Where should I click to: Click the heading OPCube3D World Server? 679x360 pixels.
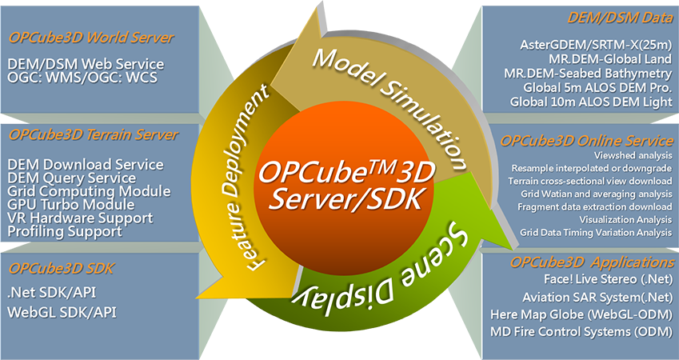tap(91, 38)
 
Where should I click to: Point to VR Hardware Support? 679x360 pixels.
tap(80, 218)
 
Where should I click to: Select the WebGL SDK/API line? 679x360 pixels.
tap(62, 310)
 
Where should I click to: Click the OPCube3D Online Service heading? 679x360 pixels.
tap(586, 140)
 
